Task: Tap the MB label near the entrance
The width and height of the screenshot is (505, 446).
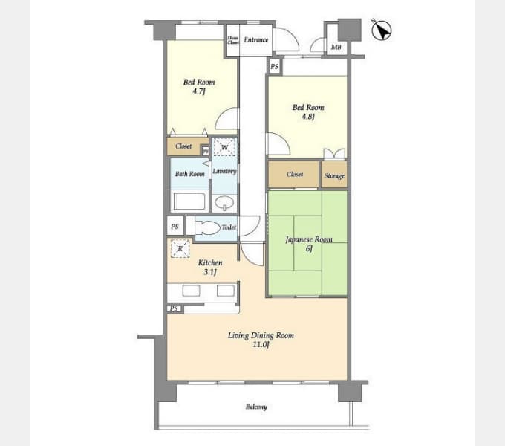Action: (336, 48)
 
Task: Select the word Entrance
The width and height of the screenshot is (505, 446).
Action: (256, 40)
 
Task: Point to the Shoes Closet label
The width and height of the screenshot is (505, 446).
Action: (233, 40)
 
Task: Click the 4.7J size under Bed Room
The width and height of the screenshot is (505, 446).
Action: (199, 92)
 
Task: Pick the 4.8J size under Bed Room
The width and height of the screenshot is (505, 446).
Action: (308, 117)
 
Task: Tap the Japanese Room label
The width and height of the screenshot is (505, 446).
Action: (308, 239)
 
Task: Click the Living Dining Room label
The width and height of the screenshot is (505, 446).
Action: (261, 335)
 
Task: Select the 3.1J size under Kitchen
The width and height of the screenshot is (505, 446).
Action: (209, 273)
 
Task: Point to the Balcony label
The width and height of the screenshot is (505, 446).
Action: (256, 407)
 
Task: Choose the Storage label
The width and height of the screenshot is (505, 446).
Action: (334, 175)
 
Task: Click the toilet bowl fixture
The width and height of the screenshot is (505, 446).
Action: (207, 227)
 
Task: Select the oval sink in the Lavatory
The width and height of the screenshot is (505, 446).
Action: (224, 202)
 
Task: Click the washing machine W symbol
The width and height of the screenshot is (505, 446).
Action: (224, 147)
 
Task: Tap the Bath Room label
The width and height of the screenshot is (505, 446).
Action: (190, 174)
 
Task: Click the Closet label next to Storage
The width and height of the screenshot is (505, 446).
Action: (295, 175)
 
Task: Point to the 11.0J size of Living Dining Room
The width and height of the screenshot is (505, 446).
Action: (260, 345)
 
